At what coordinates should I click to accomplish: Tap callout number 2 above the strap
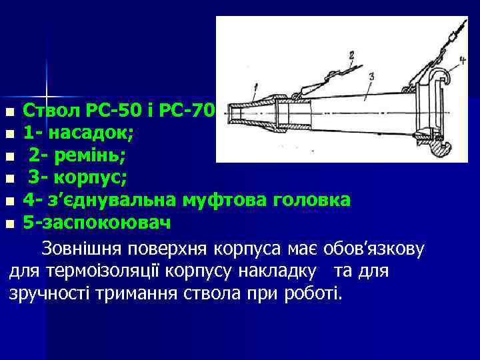coord(351,56)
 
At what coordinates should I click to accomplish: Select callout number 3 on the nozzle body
coord(371,75)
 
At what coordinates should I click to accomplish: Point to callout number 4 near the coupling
coord(462,61)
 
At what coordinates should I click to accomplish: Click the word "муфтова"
coord(221,200)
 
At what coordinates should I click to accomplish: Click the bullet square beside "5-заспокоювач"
coord(9,223)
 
